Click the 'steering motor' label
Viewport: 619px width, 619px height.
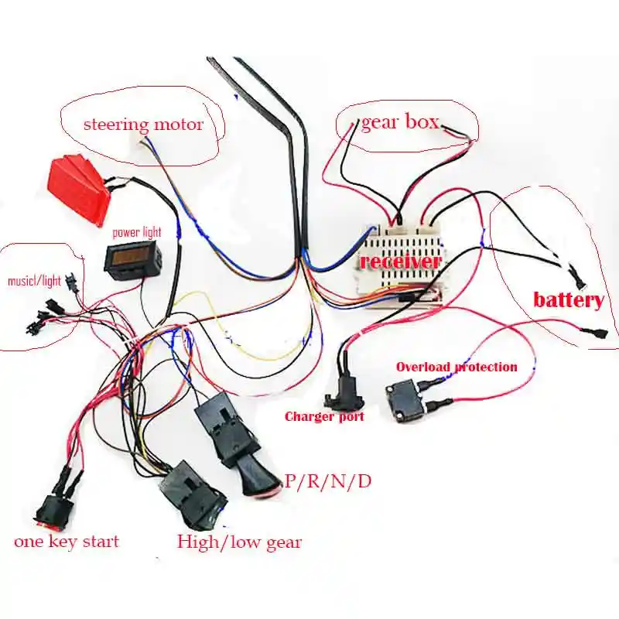pyautogui.click(x=143, y=124)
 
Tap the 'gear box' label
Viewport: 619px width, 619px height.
pyautogui.click(x=400, y=121)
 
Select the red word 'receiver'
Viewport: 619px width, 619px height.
pyautogui.click(x=400, y=262)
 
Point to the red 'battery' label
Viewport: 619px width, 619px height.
pyautogui.click(x=568, y=300)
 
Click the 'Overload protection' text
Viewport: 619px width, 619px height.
pyautogui.click(x=457, y=366)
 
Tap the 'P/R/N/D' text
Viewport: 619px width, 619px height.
pyautogui.click(x=328, y=481)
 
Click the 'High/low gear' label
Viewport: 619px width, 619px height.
pyautogui.click(x=238, y=541)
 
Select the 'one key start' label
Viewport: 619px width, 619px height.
pyautogui.click(x=67, y=541)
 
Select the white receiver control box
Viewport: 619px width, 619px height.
pyautogui.click(x=402, y=267)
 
